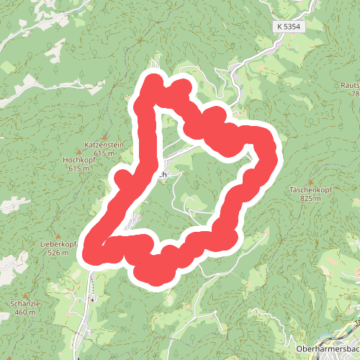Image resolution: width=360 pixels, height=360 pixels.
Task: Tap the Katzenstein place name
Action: coord(104,145)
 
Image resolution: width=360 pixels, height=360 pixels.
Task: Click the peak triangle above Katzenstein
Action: coord(104,137)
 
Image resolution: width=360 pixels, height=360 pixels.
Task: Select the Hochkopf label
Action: coord(78,160)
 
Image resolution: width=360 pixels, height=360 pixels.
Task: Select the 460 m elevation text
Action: coord(24,312)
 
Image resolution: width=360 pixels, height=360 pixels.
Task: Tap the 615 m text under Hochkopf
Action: coord(78,168)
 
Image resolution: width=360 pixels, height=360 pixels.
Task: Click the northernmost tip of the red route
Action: coord(153,81)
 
